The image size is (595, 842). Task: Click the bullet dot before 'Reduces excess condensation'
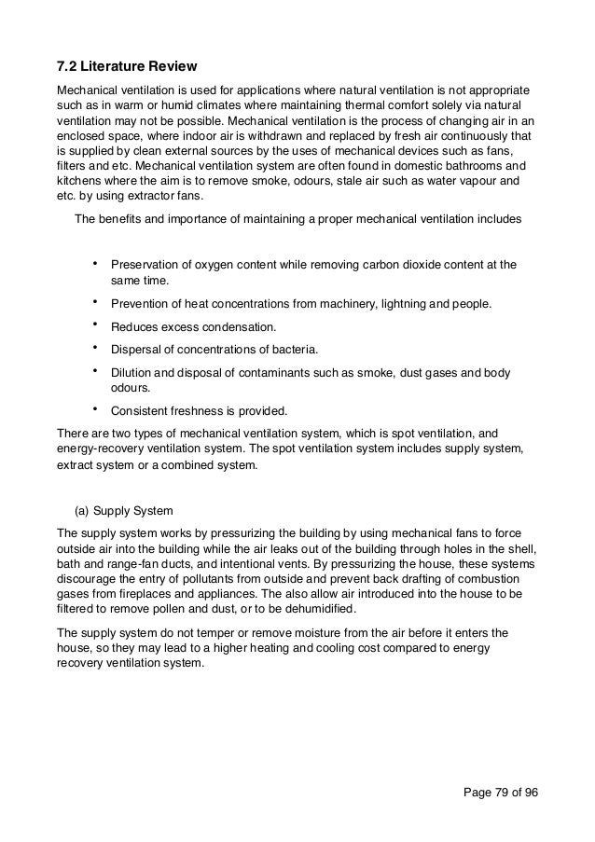(96, 325)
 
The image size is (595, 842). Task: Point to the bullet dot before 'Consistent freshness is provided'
(96, 408)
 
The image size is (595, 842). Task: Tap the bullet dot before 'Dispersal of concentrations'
(96, 349)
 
